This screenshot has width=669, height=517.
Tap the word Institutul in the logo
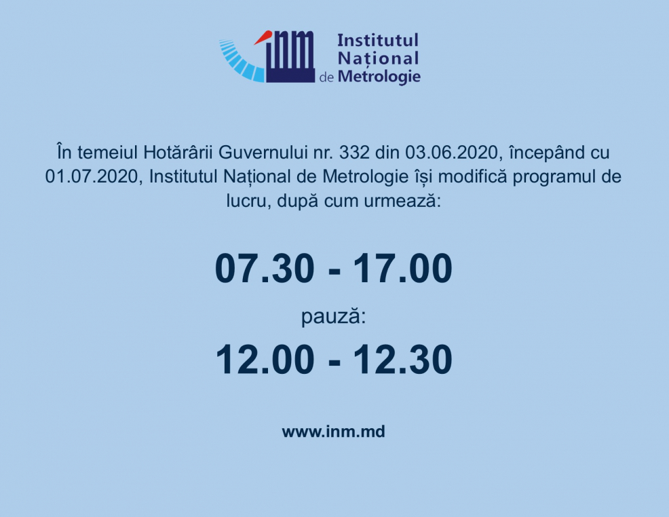click(x=378, y=41)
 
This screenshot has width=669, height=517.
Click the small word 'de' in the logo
click(x=326, y=78)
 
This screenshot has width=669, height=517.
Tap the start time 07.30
click(x=265, y=269)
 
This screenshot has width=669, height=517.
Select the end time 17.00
click(x=402, y=269)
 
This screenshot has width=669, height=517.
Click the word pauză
click(x=333, y=315)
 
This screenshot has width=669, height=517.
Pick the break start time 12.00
click(x=265, y=360)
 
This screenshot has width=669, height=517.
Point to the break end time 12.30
click(x=402, y=360)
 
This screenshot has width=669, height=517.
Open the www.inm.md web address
click(x=333, y=432)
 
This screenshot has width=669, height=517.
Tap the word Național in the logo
click(x=378, y=58)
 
